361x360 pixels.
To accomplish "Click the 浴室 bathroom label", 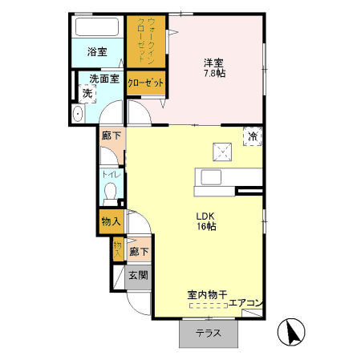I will (x=97, y=52).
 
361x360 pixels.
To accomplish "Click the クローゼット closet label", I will (x=145, y=83).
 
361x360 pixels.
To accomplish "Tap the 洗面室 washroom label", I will (x=103, y=79).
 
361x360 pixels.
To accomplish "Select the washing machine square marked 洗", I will (x=87, y=94).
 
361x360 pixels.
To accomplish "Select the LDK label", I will (x=207, y=215).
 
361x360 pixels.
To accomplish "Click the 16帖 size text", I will (x=207, y=227).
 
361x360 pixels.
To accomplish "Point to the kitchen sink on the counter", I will (x=212, y=177).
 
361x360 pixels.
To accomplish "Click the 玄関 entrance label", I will (x=137, y=275).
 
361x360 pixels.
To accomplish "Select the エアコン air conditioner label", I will (x=245, y=303).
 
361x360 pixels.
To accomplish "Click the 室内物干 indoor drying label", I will (x=206, y=294).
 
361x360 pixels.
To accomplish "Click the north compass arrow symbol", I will (x=290, y=331).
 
